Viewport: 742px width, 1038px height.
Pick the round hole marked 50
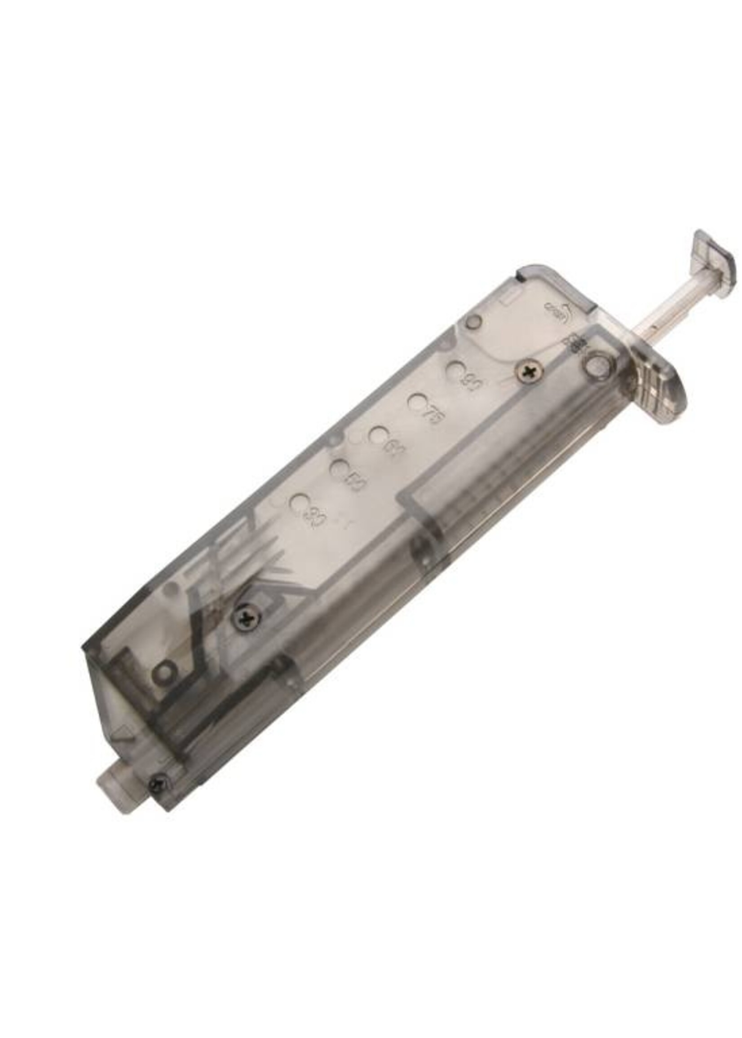(339, 467)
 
